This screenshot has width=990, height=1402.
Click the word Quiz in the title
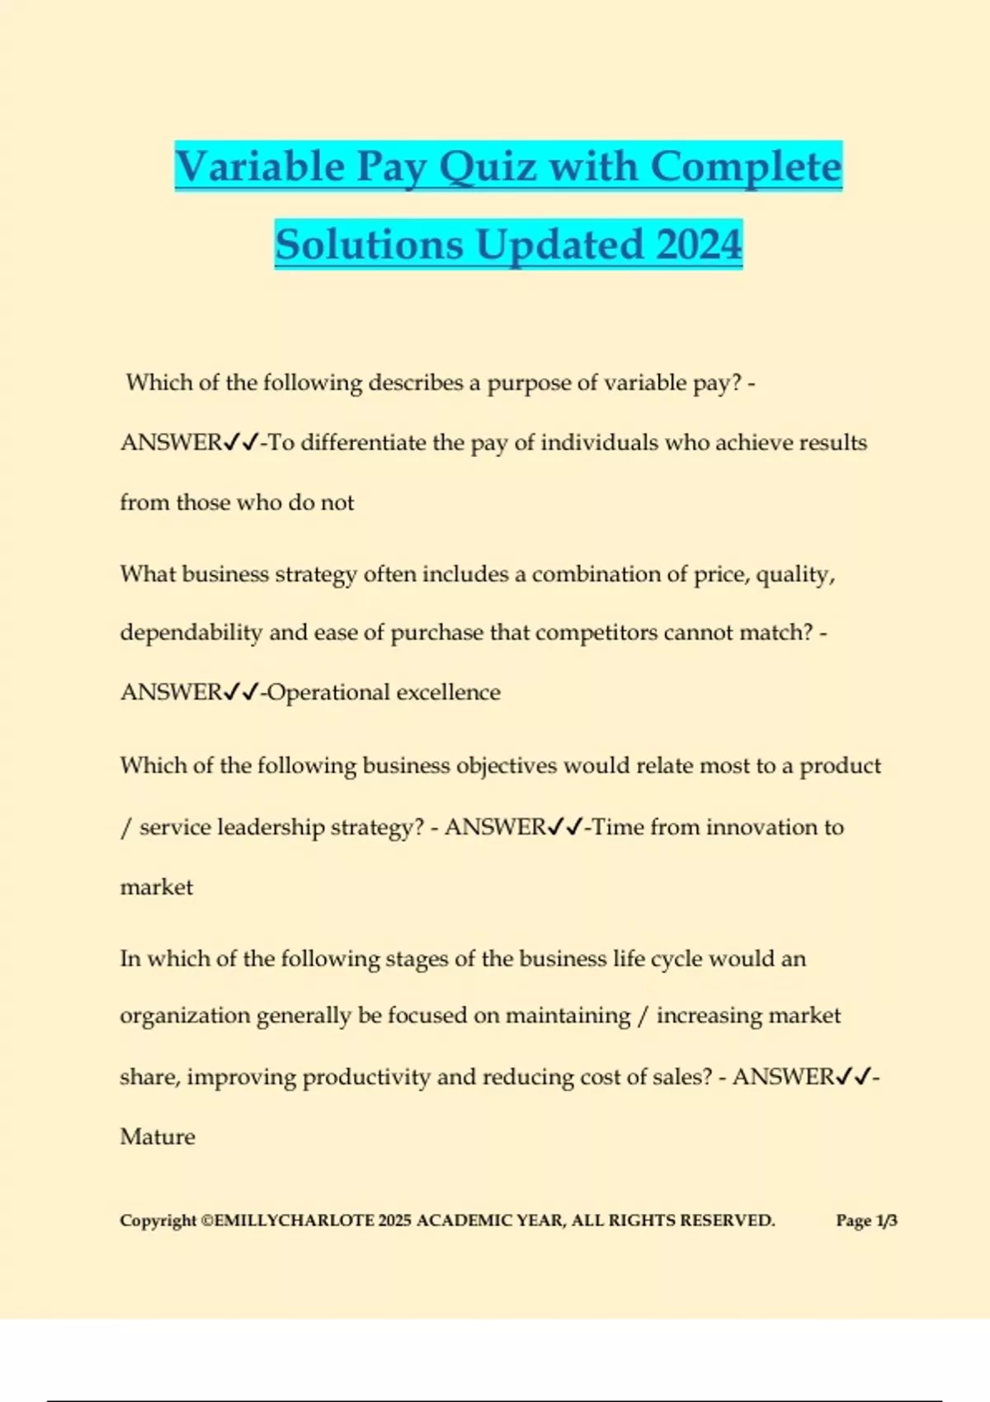click(489, 167)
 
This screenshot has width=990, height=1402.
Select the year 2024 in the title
click(700, 245)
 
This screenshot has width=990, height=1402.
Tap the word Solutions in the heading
click(369, 245)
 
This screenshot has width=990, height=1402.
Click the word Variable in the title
click(260, 167)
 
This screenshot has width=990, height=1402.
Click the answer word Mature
click(158, 1136)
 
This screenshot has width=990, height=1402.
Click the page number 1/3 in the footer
click(886, 1221)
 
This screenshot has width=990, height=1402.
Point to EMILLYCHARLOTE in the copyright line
click(294, 1221)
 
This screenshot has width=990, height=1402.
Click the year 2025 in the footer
click(394, 1221)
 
